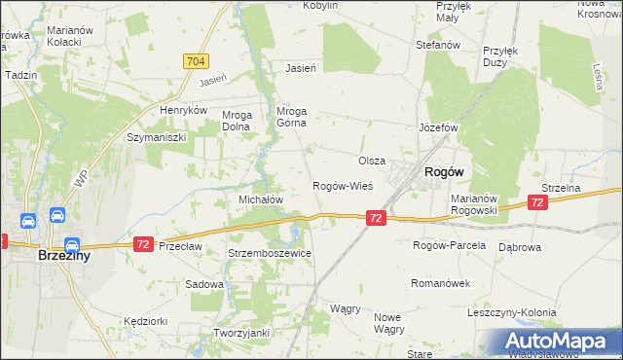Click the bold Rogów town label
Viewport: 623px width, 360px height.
[x=443, y=171]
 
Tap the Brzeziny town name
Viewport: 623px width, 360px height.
[x=64, y=256]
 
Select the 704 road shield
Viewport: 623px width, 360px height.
[x=195, y=61]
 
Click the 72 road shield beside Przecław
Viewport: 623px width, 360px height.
[x=143, y=242]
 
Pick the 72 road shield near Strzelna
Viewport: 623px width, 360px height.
[x=536, y=202]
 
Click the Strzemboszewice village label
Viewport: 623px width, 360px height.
[x=270, y=253]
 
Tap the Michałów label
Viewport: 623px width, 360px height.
[x=261, y=198]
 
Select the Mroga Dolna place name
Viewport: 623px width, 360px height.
[x=238, y=120]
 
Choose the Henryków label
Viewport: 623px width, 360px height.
[x=185, y=111]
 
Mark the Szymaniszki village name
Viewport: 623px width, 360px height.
[x=156, y=138]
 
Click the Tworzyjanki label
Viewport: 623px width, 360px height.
[x=241, y=333]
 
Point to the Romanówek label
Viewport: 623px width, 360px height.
[x=441, y=283]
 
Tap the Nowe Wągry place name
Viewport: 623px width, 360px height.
[x=389, y=323]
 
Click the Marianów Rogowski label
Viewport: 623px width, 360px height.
[x=474, y=204]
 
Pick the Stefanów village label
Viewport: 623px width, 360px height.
[x=437, y=45]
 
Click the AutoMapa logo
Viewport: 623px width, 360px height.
[x=558, y=341]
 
